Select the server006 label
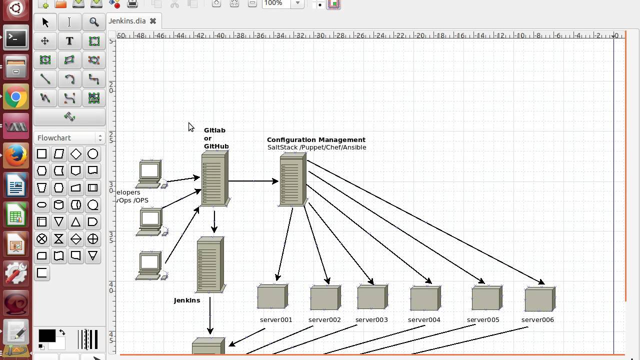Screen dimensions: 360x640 click(x=537, y=320)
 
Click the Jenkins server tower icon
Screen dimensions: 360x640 click(x=210, y=264)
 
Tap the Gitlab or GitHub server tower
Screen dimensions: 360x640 click(x=214, y=179)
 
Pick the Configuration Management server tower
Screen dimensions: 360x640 click(x=293, y=179)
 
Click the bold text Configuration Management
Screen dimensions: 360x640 click(x=316, y=140)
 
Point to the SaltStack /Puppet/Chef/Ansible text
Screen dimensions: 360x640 click(x=316, y=147)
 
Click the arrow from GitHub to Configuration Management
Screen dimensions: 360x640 click(x=253, y=181)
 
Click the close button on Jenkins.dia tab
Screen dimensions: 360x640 click(x=153, y=21)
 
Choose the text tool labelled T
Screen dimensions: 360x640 click(x=69, y=41)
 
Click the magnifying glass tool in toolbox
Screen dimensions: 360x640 click(x=94, y=22)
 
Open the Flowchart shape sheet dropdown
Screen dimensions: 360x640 click(x=69, y=138)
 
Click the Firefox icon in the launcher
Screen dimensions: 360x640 click(x=15, y=155)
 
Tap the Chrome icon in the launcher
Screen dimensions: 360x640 click(x=15, y=97)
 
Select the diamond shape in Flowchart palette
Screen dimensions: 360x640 click(x=76, y=154)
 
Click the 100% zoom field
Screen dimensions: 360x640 click(x=276, y=3)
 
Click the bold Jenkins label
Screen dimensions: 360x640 click(x=187, y=300)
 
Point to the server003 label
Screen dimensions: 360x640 click(x=371, y=320)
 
